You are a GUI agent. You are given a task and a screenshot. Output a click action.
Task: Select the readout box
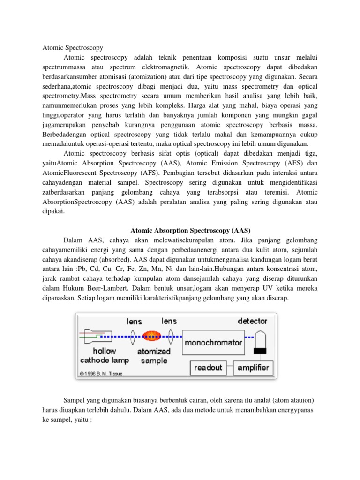point(208,368)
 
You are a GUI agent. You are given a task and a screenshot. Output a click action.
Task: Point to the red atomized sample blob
point(151,336)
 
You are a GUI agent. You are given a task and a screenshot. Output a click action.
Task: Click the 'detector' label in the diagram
point(252,321)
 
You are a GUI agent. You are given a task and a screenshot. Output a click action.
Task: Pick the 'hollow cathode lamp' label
point(105,355)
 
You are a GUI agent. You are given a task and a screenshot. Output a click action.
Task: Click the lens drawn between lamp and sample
point(134,336)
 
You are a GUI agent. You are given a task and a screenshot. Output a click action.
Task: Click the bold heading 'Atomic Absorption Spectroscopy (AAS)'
point(190,231)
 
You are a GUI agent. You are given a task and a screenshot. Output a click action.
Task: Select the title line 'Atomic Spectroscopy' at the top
point(73,47)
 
